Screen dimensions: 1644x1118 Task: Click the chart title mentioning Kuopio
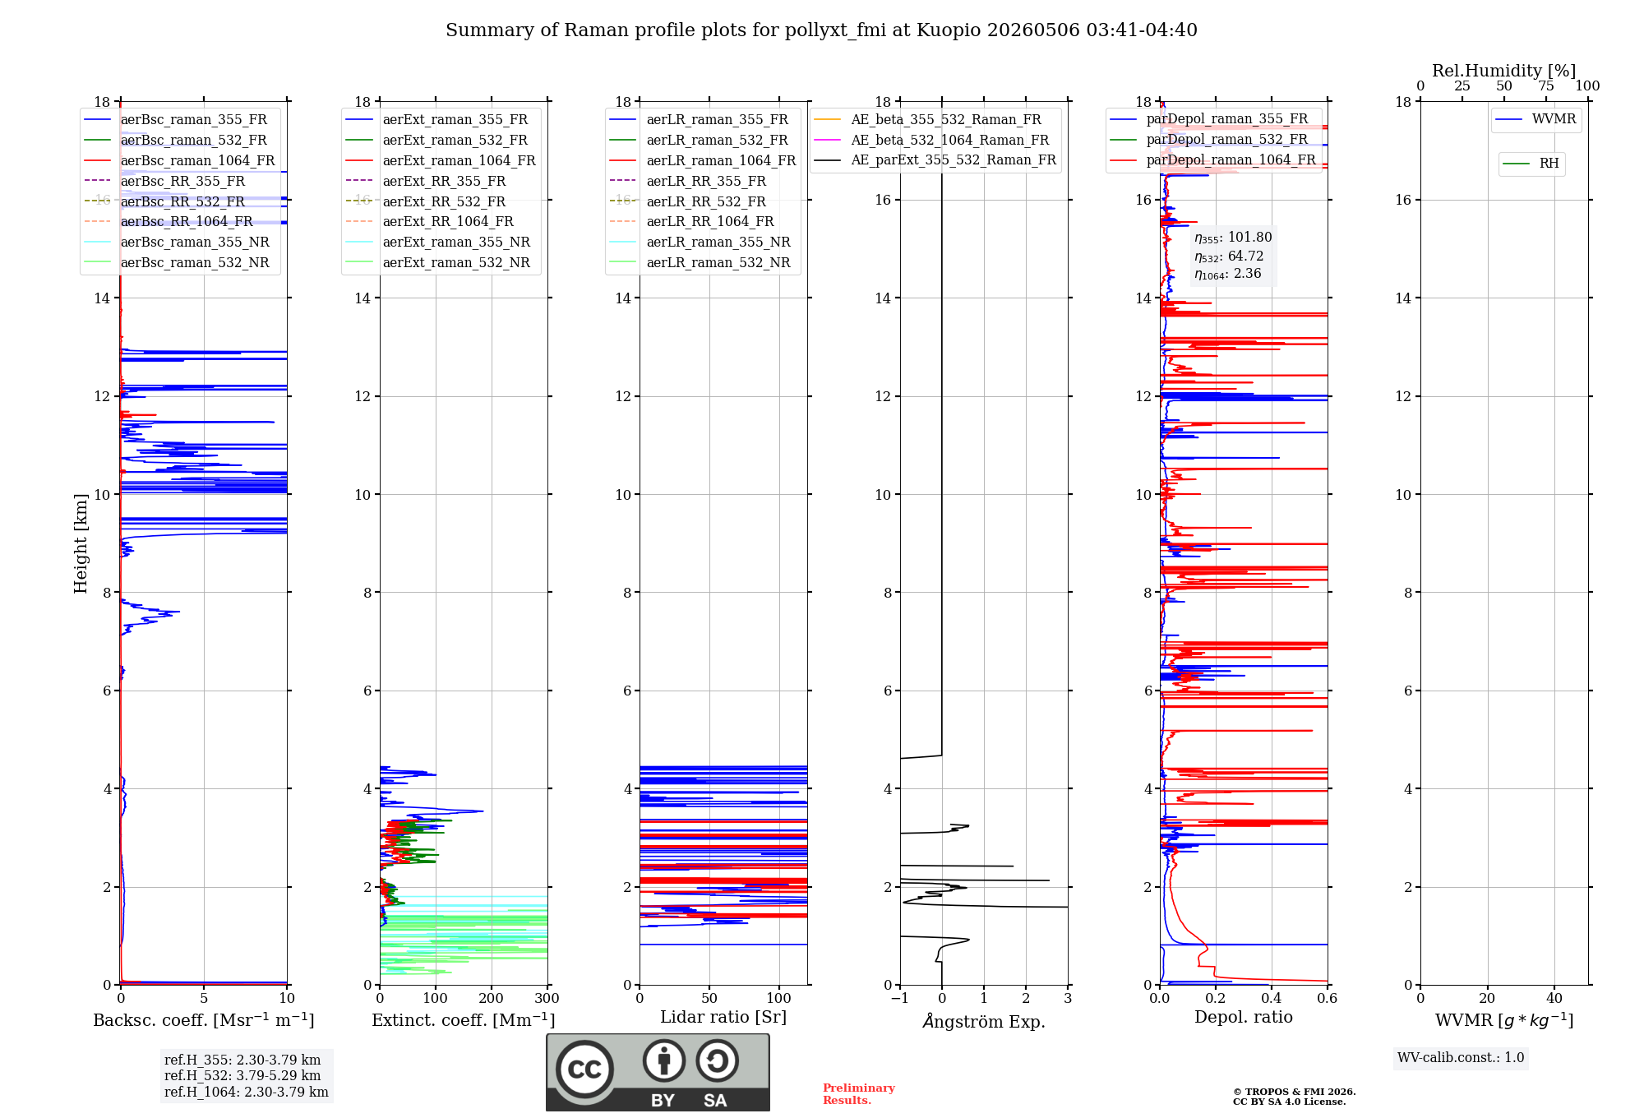point(821,30)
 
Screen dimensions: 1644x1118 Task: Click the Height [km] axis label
point(81,543)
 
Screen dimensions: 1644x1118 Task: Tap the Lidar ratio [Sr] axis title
point(723,1017)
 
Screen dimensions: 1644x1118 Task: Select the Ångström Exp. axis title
point(984,1021)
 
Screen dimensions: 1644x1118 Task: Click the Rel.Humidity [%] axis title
point(1504,71)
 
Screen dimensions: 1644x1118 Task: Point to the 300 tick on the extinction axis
point(547,998)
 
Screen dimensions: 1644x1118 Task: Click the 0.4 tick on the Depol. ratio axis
point(1271,998)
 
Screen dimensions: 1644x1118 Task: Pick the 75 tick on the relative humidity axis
point(1546,85)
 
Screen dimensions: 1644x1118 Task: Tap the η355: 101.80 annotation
point(1233,238)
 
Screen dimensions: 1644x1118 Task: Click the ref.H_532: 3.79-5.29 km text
point(242,1075)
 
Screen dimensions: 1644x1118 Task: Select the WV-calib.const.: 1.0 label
point(1461,1057)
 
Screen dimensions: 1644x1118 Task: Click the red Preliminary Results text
point(859,1094)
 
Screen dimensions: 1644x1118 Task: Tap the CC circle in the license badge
point(584,1069)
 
